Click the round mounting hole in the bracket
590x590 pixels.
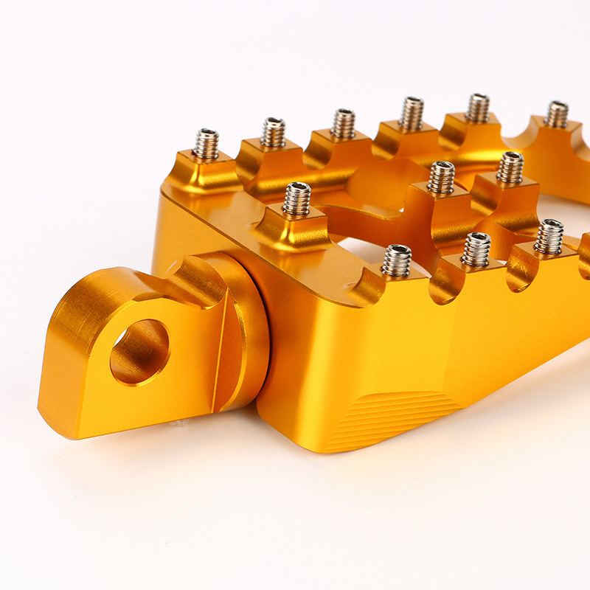pos(139,351)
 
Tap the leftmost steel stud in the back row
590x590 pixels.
pos(206,144)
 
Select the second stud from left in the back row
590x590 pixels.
pos(273,133)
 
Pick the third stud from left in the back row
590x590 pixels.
pos(343,123)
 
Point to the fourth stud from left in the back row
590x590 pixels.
pos(412,114)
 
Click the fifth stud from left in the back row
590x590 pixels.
pos(477,108)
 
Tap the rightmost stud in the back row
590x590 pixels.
pos(556,114)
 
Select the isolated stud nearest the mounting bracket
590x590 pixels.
pos(296,198)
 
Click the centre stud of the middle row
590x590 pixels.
pos(441,177)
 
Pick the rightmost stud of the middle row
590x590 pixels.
pos(510,167)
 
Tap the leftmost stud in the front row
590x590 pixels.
pos(397,260)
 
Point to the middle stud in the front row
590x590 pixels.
pos(476,249)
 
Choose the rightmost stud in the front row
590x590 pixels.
pos(549,236)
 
